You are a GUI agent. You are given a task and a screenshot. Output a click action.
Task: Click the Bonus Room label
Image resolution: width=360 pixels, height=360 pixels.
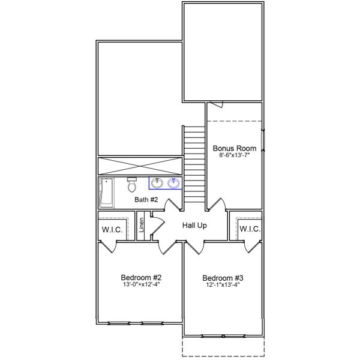[x=235, y=148]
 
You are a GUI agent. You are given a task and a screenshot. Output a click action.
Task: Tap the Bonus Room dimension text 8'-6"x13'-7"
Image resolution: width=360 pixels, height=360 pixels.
[x=235, y=155]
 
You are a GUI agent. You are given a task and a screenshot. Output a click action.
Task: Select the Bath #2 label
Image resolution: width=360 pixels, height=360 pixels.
[x=146, y=199]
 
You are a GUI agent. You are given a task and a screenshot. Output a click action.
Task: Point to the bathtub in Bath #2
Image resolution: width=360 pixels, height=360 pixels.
[x=106, y=192]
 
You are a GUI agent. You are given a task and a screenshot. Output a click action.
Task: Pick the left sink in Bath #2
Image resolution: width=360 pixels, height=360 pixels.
[x=157, y=183]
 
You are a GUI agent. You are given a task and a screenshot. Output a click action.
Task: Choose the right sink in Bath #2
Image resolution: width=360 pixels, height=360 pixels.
[x=175, y=183]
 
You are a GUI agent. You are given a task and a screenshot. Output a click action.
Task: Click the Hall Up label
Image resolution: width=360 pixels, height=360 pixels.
[x=194, y=226]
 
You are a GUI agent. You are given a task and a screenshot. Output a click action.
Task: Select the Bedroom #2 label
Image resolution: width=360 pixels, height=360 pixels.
[x=142, y=277]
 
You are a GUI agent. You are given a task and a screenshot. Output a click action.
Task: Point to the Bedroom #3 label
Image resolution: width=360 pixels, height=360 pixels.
[x=223, y=278]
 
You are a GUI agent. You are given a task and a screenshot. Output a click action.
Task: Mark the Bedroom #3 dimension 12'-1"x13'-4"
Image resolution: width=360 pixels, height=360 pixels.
[x=223, y=285]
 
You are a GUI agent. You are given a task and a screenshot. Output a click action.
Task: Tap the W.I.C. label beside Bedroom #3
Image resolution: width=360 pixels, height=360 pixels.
[x=249, y=229]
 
